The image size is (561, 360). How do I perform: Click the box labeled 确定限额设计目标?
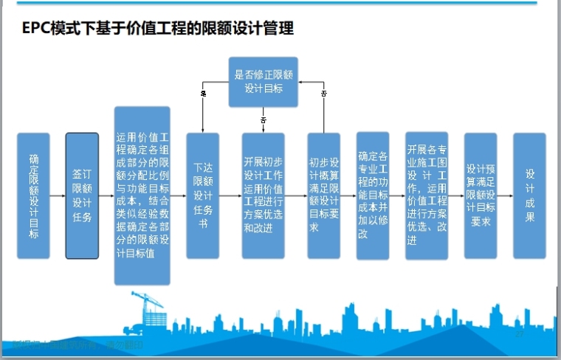click(x=34, y=195)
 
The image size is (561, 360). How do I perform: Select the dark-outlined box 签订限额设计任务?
click(x=82, y=195)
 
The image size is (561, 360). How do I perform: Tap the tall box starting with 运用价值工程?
click(x=142, y=195)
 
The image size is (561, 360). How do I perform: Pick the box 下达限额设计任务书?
click(x=202, y=195)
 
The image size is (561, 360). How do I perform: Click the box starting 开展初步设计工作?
click(x=263, y=195)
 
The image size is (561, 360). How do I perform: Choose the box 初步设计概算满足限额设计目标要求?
click(x=323, y=195)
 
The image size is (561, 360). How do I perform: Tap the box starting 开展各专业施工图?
click(x=427, y=195)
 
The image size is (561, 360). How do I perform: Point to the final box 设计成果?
click(x=529, y=195)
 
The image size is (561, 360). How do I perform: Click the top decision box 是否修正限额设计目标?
click(x=263, y=80)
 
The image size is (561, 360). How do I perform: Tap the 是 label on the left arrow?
click(x=203, y=94)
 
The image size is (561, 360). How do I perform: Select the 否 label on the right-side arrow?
click(x=323, y=94)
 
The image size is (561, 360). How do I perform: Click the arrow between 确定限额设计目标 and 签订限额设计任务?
click(x=58, y=196)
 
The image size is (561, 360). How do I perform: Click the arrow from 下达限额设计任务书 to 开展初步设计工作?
click(x=231, y=196)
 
